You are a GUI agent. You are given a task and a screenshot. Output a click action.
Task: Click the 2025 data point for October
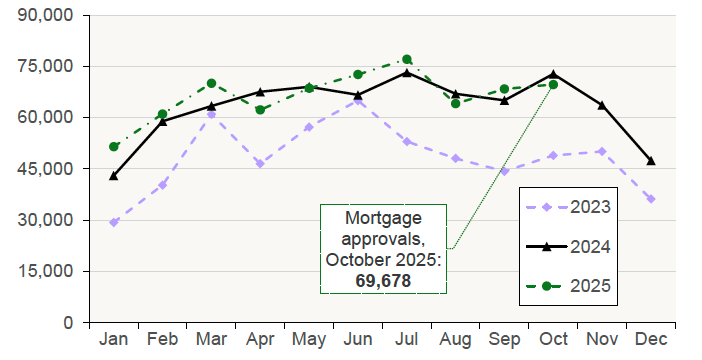tap(553, 84)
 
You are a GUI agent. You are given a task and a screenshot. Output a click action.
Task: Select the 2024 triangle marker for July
tap(407, 72)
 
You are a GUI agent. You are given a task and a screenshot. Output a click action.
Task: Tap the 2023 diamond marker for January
tap(114, 222)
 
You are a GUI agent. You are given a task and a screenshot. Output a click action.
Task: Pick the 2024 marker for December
tap(651, 160)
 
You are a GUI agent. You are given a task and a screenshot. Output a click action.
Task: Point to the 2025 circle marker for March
tap(212, 83)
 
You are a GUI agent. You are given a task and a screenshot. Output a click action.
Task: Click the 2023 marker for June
tap(358, 101)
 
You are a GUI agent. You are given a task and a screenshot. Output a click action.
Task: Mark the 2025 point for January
tap(114, 146)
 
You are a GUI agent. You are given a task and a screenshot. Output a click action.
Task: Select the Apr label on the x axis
tap(260, 340)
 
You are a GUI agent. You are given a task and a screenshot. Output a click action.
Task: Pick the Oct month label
tap(553, 340)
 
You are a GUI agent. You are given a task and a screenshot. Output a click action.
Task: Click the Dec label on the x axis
tap(651, 340)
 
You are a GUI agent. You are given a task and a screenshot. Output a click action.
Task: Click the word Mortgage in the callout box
tap(384, 218)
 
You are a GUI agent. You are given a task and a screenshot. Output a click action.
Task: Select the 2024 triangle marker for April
tap(260, 91)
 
